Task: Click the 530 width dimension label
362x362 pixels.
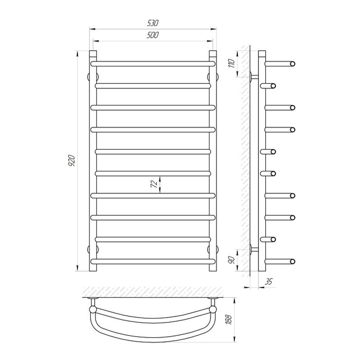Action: [x=153, y=23]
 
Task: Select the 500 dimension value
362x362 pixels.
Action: [x=153, y=35]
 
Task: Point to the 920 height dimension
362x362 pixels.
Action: [x=72, y=161]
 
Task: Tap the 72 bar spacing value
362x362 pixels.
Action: [x=154, y=184]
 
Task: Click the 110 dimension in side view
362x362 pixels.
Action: [x=232, y=63]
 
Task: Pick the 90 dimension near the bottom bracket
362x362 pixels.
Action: [x=232, y=260]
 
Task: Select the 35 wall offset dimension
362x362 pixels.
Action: [x=268, y=281]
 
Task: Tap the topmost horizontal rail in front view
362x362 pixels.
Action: [x=153, y=64]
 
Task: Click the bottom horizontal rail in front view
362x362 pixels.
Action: [x=153, y=262]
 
